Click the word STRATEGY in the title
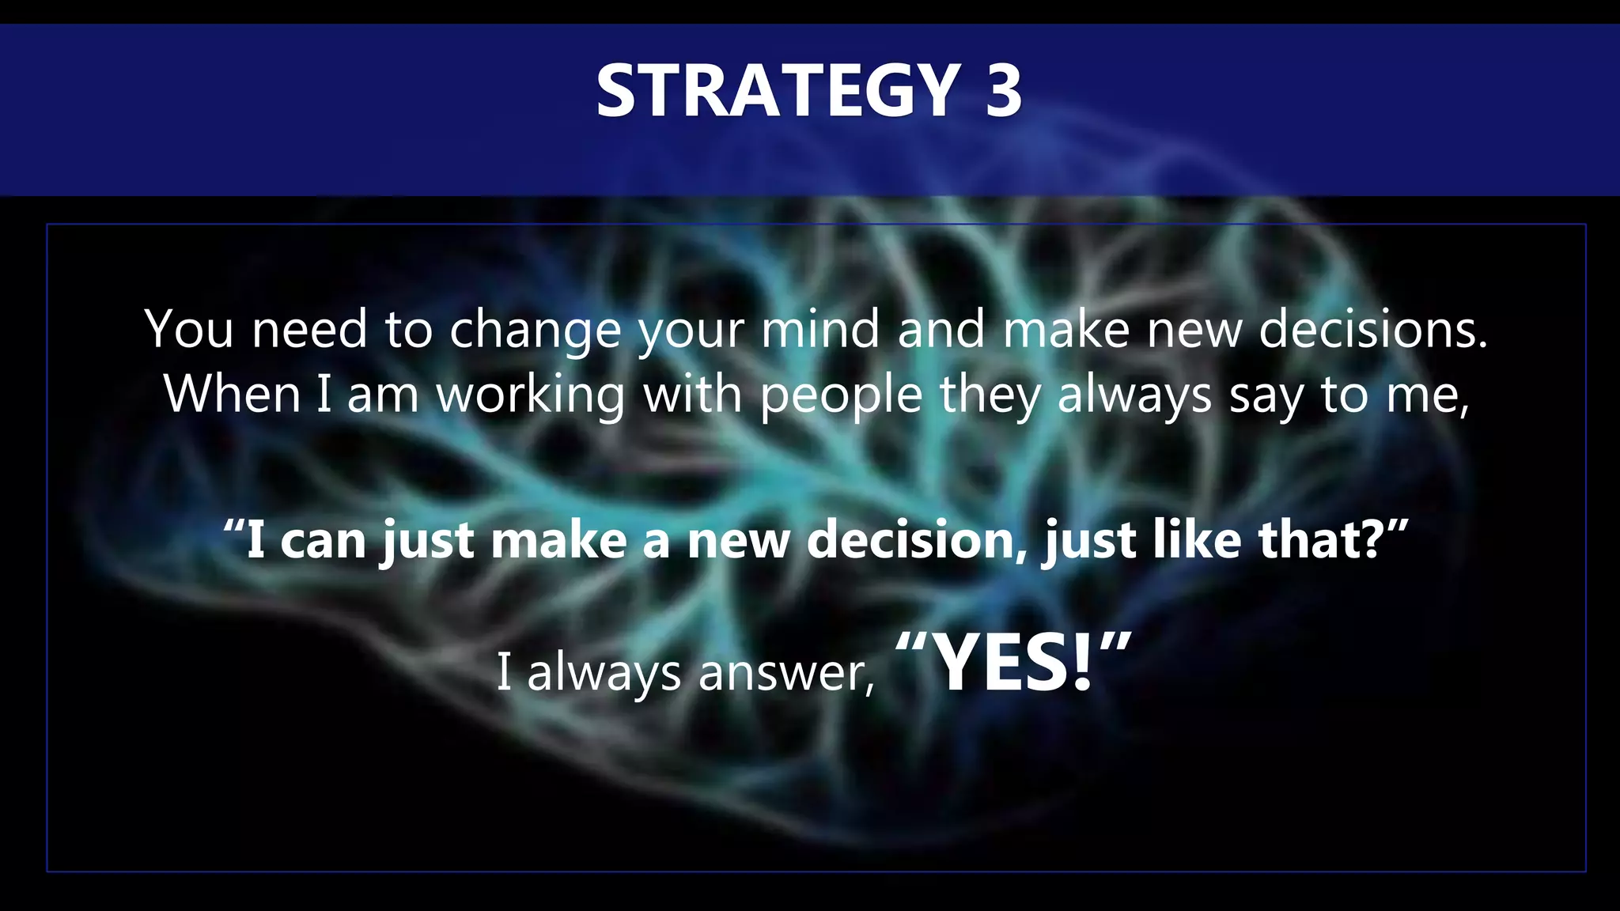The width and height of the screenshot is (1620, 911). click(778, 92)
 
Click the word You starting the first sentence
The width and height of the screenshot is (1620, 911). click(189, 329)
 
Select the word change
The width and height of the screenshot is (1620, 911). click(536, 331)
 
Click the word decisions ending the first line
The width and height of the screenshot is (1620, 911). click(1372, 329)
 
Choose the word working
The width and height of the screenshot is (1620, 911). click(531, 395)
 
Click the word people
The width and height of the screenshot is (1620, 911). click(841, 395)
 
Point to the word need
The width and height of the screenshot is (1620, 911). click(309, 329)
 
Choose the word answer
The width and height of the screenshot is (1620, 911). click(786, 673)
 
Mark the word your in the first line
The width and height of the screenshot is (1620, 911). click(691, 331)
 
